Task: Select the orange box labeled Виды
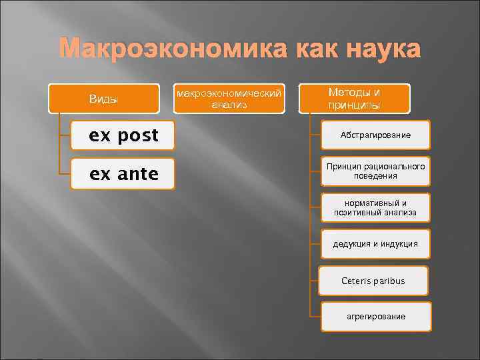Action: point(103,99)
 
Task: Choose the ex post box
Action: point(123,136)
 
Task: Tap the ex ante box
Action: point(123,174)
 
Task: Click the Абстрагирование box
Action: point(375,135)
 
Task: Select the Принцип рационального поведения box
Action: point(375,171)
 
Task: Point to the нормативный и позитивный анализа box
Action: point(375,207)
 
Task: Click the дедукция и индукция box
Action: point(375,244)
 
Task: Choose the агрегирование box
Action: point(375,317)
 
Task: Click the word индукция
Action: point(399,244)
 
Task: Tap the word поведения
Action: point(375,176)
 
